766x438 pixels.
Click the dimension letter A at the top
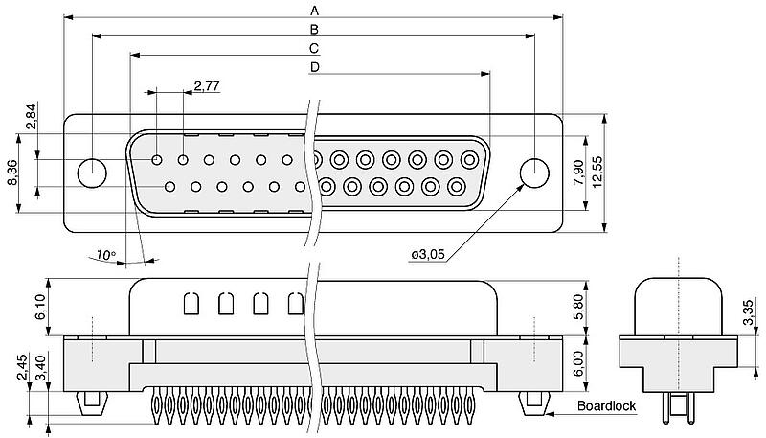313,11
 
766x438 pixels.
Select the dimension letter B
313,29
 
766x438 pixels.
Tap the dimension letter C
313,48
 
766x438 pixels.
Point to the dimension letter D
313,67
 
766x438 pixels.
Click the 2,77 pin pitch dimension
207,86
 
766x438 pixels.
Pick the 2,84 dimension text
32,115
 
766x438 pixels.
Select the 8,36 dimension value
11,173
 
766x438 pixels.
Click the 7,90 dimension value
579,173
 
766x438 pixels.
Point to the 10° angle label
105,255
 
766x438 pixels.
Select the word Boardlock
607,406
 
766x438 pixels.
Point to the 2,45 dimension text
21,367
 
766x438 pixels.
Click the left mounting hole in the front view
92,173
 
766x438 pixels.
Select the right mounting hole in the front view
534,173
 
